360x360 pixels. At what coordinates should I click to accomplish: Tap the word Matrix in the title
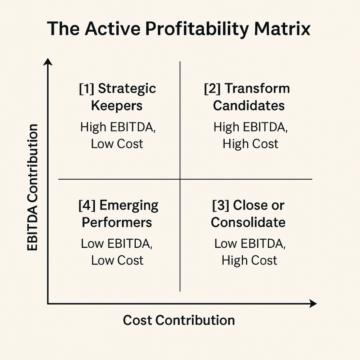coord(282,29)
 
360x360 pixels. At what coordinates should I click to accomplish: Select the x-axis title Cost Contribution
coord(179,320)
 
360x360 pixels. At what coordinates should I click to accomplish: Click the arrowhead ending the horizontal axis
coord(313,303)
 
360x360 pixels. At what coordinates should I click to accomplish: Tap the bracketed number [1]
coord(86,89)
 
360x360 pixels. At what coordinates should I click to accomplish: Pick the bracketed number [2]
coord(212,89)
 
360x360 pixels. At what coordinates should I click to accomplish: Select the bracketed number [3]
coord(220,205)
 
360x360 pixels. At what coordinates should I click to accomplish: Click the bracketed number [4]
coord(87,205)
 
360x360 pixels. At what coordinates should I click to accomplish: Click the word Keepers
coord(117,105)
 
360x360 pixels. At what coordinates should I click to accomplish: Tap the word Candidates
coord(249,105)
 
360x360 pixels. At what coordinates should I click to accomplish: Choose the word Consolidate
coord(248,222)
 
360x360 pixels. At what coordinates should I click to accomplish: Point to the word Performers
coord(117,222)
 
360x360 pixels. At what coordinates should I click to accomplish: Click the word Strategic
coord(127,89)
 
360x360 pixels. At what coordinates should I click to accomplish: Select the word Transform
coord(257,89)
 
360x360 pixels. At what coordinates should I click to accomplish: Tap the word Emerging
coord(129,206)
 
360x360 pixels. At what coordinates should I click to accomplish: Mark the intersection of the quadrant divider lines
coord(180,179)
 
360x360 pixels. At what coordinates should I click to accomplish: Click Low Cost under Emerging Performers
coord(117,260)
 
